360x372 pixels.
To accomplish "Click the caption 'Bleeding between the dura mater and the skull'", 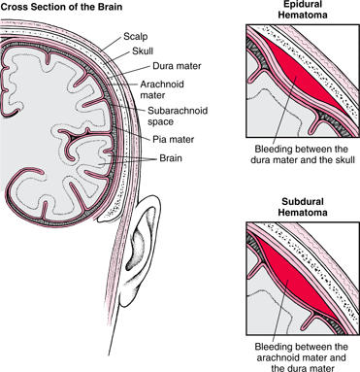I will tap(301, 157).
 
